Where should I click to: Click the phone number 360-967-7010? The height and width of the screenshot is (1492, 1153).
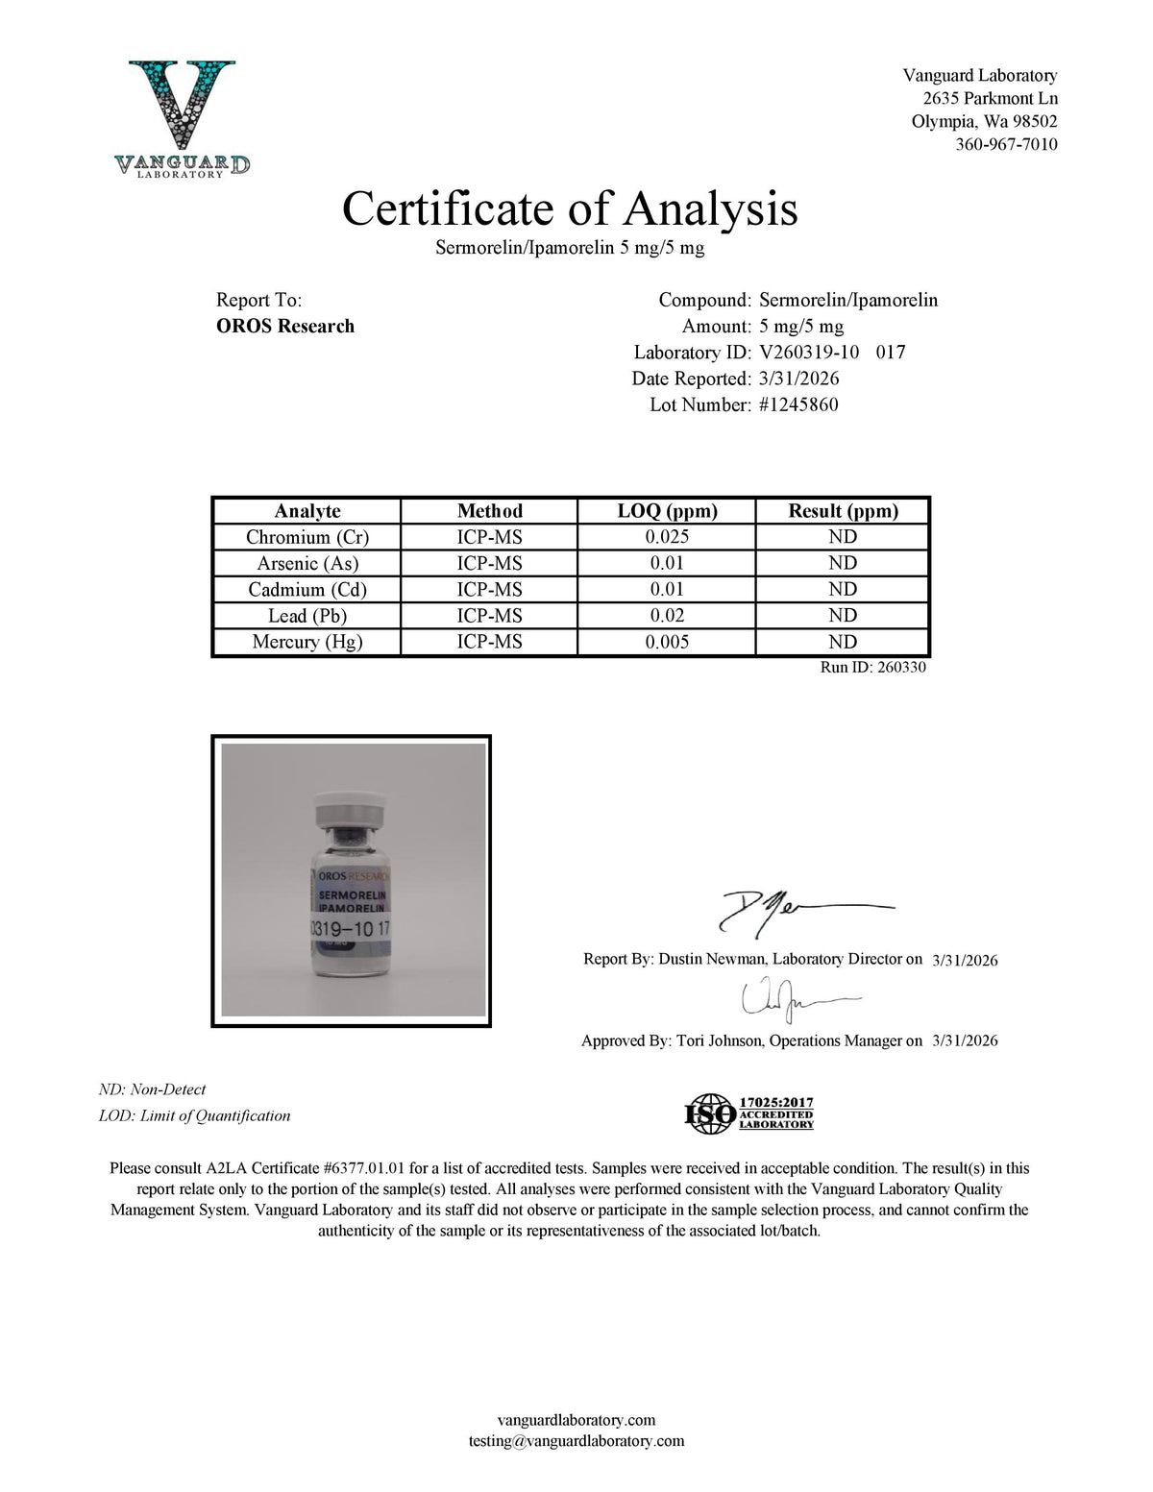[1006, 145]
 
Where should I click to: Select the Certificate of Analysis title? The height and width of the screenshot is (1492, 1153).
[570, 208]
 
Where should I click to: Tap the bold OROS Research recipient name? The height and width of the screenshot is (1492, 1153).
[285, 327]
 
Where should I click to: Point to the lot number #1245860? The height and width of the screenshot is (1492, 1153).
[798, 405]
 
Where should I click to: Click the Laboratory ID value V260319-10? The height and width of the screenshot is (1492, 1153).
[809, 353]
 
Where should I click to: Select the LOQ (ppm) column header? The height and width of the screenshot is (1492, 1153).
[667, 511]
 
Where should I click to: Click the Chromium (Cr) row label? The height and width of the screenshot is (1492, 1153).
[307, 537]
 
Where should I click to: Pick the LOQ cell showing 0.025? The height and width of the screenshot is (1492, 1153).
[667, 537]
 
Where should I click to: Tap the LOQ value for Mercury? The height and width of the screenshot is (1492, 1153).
[667, 642]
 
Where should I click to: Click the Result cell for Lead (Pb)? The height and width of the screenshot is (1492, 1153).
[843, 616]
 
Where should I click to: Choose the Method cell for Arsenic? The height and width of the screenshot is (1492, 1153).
[489, 563]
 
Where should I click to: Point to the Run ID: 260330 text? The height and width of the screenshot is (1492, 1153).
[872, 668]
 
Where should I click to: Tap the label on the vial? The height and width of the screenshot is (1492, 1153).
[352, 913]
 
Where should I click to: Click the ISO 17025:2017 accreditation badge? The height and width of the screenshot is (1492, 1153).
[749, 1113]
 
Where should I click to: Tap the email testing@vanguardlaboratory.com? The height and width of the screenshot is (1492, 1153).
[576, 1441]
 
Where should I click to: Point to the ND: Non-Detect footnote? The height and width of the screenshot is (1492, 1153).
[153, 1089]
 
